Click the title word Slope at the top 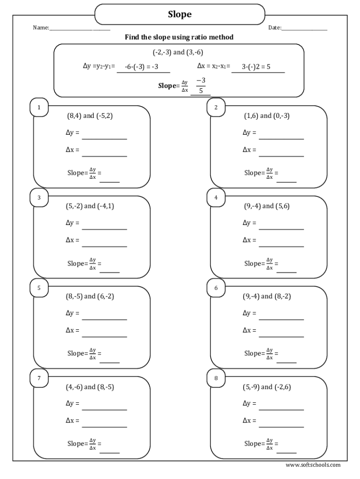point(180,15)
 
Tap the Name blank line point(79,30)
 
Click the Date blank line point(304,30)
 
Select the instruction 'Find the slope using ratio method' point(179,37)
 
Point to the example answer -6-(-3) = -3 point(142,67)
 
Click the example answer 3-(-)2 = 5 point(256,67)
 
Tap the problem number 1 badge point(39,108)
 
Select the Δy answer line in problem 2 point(281,138)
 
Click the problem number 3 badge point(39,198)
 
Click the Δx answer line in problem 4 point(281,246)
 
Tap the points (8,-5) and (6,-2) point(90,296)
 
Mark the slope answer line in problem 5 point(109,362)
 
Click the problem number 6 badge point(216,288)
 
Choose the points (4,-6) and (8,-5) point(90,387)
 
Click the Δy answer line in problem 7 point(104,409)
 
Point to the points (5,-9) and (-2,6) point(267,387)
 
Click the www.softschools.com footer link point(313,465)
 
